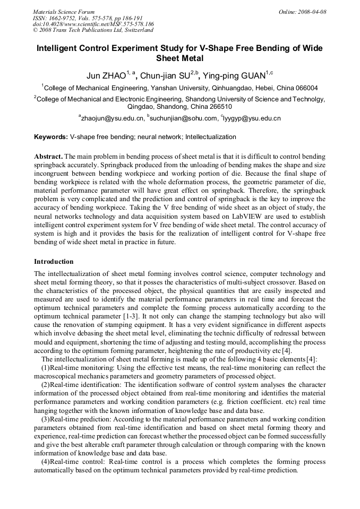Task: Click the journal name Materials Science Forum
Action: [64, 12]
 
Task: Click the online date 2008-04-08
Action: [310, 12]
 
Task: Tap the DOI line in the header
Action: [93, 24]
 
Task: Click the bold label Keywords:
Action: [51, 137]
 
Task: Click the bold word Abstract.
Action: [48, 157]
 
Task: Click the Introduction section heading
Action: [54, 262]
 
